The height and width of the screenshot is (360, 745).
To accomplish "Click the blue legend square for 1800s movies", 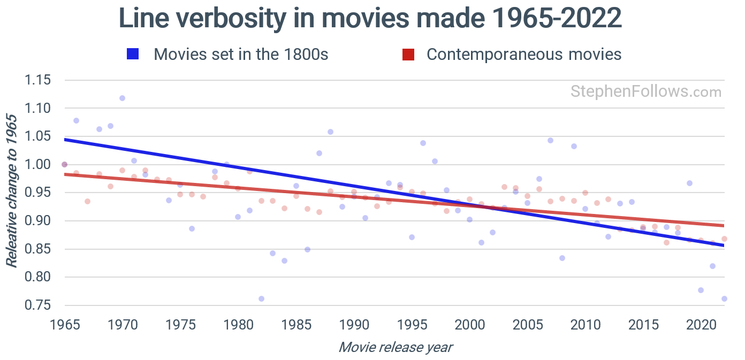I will tap(133, 54).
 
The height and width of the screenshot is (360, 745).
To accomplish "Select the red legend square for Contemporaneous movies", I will tap(408, 54).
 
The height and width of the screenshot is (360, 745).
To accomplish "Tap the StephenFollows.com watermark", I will tap(645, 92).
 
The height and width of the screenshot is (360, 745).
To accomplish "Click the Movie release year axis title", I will tap(396, 347).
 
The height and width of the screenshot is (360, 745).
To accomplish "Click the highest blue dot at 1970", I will tap(122, 98).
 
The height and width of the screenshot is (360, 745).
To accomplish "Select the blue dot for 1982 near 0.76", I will tap(261, 298).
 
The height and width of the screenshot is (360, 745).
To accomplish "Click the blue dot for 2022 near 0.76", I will tap(724, 298).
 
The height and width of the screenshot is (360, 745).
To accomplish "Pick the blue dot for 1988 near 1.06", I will tap(330, 132).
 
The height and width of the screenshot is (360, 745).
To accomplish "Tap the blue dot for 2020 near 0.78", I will tap(701, 290).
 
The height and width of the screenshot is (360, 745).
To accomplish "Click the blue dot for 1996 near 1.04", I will tap(423, 143).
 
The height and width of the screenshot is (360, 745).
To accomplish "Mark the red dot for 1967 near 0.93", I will tap(87, 201).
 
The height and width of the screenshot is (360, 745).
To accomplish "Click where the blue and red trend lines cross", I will tap(484, 206).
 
